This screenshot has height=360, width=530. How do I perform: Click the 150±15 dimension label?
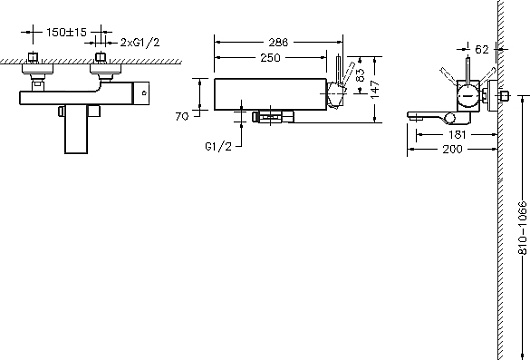click(67, 32)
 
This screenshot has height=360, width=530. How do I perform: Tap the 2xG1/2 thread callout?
click(140, 43)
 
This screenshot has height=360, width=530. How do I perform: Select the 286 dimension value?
click(278, 42)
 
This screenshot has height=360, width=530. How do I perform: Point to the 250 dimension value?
click(270, 58)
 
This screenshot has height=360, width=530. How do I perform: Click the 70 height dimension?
click(182, 116)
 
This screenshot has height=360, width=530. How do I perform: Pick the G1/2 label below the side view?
click(219, 146)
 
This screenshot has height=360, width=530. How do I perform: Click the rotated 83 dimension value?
click(361, 75)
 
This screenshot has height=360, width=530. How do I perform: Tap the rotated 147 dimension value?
click(375, 90)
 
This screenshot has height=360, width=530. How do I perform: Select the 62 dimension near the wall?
click(482, 50)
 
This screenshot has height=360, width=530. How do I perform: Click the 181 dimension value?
click(457, 135)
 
